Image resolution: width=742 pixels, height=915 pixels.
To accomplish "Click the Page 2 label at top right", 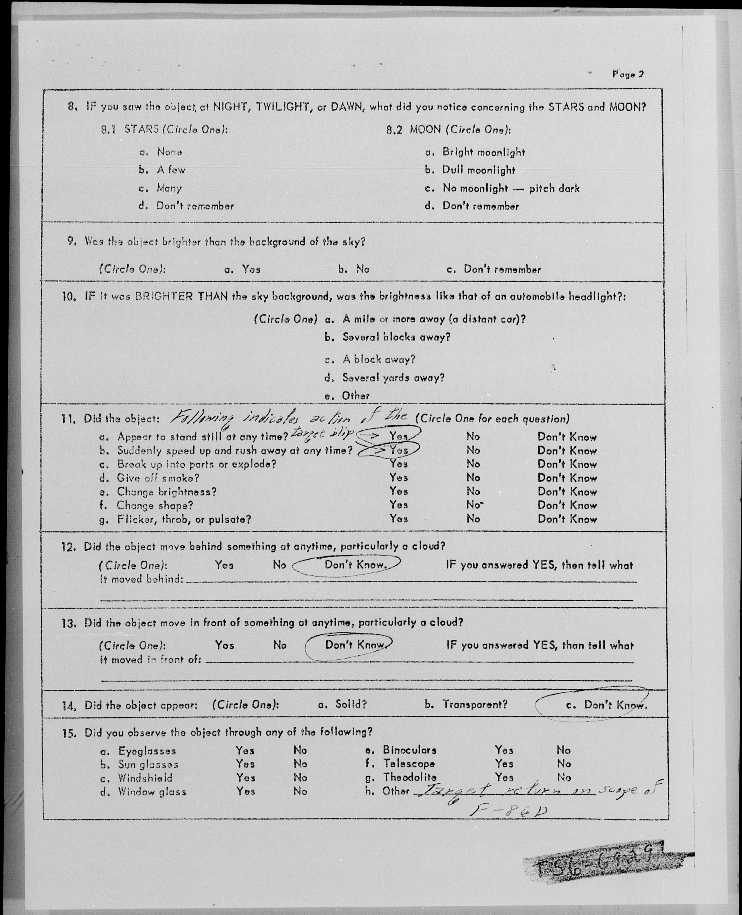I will click(x=627, y=74).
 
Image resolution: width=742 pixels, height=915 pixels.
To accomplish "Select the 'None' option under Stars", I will click(x=169, y=152).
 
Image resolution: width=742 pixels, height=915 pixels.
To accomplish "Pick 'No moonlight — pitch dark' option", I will click(x=511, y=188).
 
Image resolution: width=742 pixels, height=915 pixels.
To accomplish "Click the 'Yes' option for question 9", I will click(x=251, y=269).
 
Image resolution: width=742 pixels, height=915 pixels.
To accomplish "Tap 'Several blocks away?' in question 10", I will click(x=396, y=337).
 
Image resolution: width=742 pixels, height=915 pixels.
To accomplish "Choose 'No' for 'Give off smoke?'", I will click(x=473, y=478).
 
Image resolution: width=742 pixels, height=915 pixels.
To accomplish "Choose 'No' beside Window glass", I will click(x=300, y=791).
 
